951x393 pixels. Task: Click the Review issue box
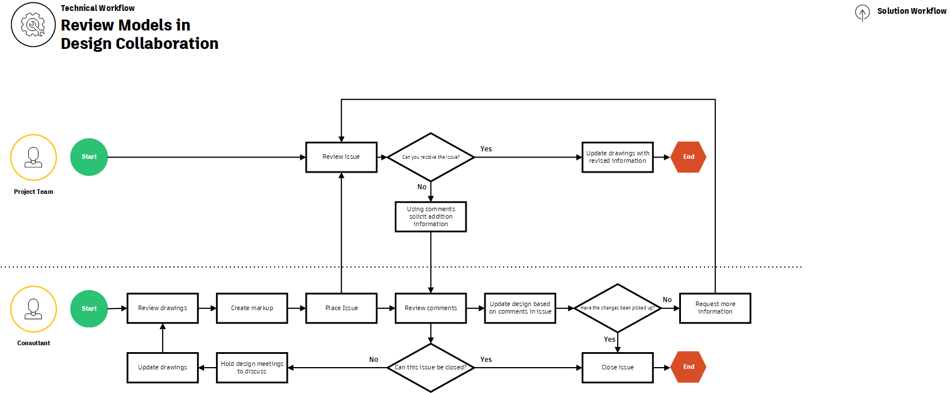[x=341, y=157]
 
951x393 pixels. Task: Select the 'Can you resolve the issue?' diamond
[x=431, y=157]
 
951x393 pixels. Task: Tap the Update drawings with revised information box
[x=618, y=157]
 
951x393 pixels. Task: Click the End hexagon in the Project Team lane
[x=688, y=157]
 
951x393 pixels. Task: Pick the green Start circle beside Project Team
[x=89, y=157]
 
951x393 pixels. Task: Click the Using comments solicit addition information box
[x=431, y=216]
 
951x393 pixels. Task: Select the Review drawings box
[x=163, y=308]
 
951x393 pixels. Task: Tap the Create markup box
[x=252, y=308]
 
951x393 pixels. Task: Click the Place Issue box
[x=341, y=308]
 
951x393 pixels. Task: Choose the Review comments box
[x=431, y=308]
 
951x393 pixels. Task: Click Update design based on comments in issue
[x=520, y=308]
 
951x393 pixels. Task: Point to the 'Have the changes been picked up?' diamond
[x=618, y=308]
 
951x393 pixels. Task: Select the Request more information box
[x=715, y=308]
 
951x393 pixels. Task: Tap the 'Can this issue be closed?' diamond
[x=431, y=368]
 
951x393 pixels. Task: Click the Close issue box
[x=618, y=368]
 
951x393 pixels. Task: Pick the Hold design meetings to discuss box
[x=252, y=368]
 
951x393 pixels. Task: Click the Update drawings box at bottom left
[x=163, y=368]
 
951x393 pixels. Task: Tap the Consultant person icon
[x=33, y=309]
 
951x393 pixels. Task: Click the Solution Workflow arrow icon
[x=862, y=12]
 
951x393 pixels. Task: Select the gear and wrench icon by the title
[x=33, y=25]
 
